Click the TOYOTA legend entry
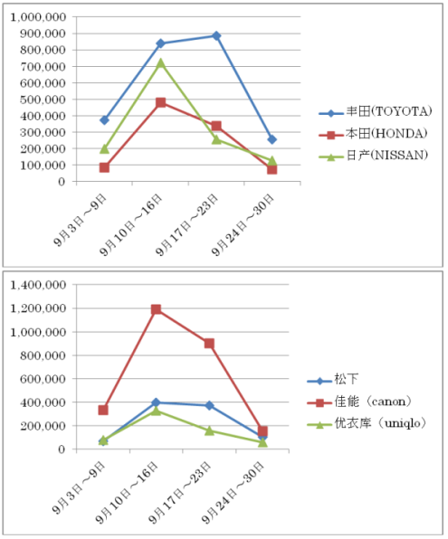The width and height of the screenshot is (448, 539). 375,112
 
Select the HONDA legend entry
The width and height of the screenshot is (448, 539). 373,133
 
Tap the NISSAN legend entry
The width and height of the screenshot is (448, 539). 373,156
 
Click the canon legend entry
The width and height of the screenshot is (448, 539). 359,402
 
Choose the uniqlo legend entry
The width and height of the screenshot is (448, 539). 367,423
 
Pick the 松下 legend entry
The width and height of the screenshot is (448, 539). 332,379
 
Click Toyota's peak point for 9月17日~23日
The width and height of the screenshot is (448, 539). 216,36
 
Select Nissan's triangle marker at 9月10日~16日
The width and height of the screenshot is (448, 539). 160,63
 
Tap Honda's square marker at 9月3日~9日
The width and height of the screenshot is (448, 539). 104,167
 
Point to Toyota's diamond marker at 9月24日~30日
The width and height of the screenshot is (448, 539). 272,139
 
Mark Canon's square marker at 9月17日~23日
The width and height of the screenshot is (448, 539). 209,344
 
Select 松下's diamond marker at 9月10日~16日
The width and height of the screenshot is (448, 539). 156,402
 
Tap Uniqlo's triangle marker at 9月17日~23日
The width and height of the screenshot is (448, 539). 209,430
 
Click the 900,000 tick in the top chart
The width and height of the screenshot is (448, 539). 43,33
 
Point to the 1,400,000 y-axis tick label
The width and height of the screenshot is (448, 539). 38,285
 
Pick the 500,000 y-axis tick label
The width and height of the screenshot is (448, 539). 43,99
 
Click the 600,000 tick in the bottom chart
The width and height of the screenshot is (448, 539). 43,379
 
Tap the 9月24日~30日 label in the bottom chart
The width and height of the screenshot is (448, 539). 233,493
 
